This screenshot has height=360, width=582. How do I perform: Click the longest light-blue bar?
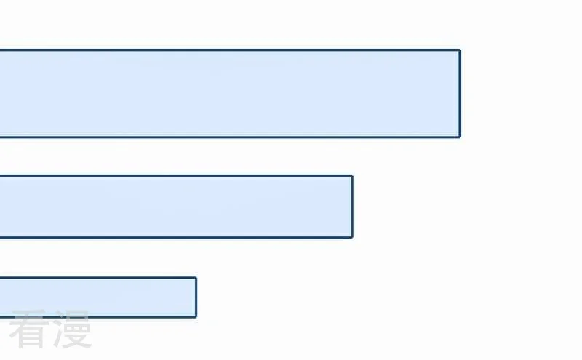(x=230, y=94)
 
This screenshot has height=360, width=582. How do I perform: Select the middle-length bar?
(x=176, y=207)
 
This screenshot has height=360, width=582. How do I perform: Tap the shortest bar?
(x=98, y=297)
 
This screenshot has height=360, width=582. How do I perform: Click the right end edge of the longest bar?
(x=460, y=94)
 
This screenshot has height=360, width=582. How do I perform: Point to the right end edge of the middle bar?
(x=352, y=207)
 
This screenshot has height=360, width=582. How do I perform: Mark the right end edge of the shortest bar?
(x=196, y=297)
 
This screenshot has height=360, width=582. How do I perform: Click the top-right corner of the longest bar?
(x=461, y=49)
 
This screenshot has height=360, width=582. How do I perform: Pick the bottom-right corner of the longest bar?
(x=461, y=137)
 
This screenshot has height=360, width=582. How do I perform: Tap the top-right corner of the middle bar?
(x=353, y=175)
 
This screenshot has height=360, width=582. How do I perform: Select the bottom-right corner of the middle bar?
(x=353, y=238)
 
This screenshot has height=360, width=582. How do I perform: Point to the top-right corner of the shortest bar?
(x=196, y=277)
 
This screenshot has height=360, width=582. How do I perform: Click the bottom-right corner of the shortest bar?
(x=196, y=317)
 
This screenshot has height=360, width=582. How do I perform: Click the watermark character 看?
(x=29, y=329)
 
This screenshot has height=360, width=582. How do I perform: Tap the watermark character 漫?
(x=72, y=329)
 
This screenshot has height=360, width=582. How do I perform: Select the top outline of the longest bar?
(x=230, y=49)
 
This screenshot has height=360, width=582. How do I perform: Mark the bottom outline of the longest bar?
(x=230, y=137)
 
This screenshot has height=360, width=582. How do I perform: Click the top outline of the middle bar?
(x=176, y=175)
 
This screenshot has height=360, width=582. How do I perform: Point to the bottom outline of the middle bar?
(x=176, y=237)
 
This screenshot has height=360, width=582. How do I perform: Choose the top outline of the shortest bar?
(x=98, y=278)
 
